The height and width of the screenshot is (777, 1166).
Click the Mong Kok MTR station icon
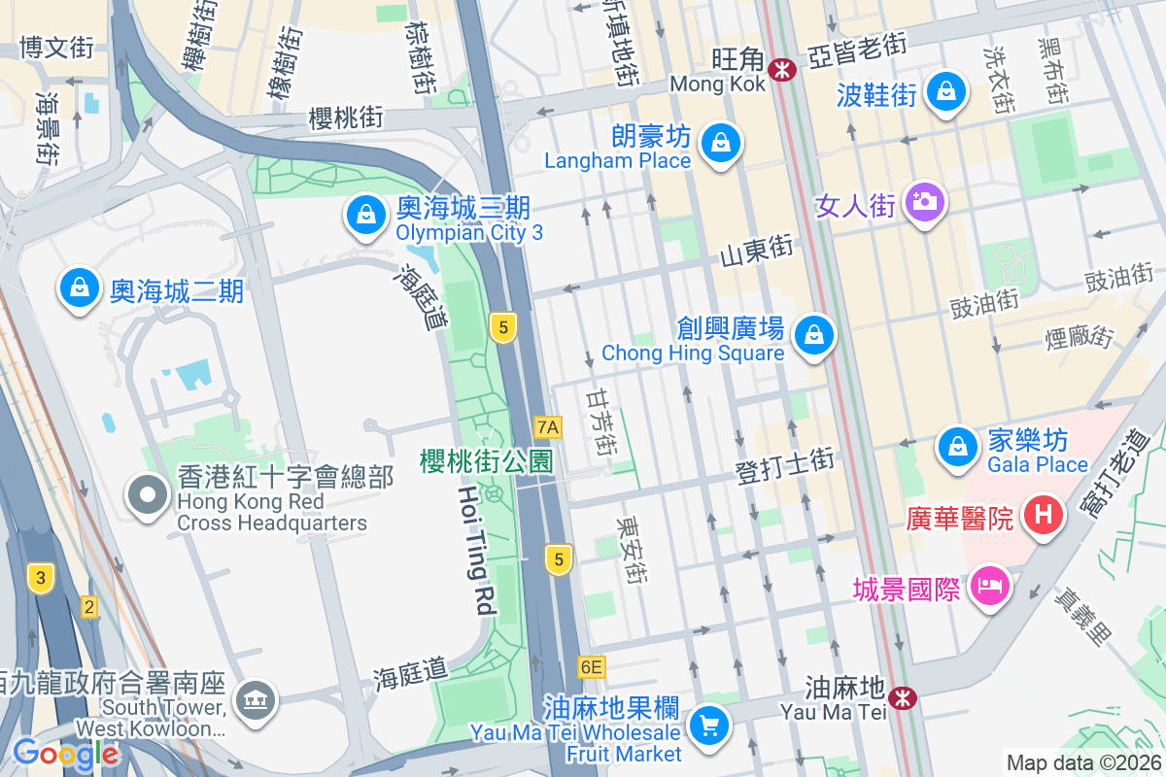click(x=781, y=69)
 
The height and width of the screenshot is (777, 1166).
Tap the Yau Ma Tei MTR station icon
click(x=903, y=697)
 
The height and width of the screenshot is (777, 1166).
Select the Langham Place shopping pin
click(x=720, y=144)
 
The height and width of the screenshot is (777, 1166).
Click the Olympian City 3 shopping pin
click(x=366, y=215)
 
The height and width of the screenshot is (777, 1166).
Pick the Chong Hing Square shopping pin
click(x=814, y=336)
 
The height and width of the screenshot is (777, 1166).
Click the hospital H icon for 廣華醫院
click(x=1045, y=512)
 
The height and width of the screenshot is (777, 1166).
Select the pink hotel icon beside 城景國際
click(x=989, y=586)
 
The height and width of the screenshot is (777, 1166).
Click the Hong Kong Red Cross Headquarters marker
click(x=148, y=495)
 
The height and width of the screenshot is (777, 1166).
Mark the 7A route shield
click(x=548, y=426)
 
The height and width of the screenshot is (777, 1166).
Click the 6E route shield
click(x=590, y=667)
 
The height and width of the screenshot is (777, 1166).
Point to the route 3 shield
click(x=40, y=576)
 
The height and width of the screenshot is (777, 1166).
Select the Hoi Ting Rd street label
click(x=477, y=548)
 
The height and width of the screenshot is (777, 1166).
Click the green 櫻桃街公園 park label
click(x=486, y=460)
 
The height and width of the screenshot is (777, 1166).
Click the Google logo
click(x=65, y=754)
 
